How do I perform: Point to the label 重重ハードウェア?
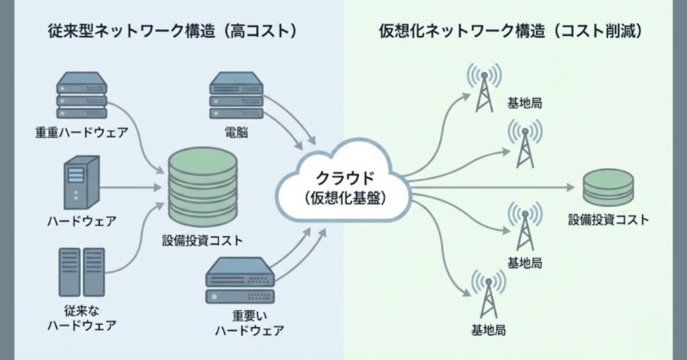pos(82,133)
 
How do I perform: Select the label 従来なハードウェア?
pos(82,317)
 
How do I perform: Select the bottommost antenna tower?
pos(484,296)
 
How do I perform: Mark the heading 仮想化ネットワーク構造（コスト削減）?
pos(513,32)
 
